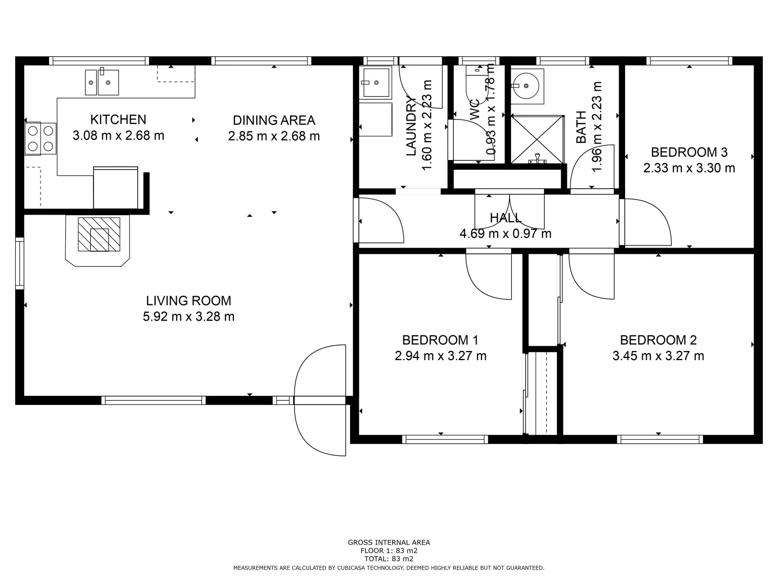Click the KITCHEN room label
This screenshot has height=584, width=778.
(x=118, y=120)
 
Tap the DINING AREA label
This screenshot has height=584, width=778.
(x=274, y=120)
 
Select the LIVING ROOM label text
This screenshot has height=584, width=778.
(x=189, y=301)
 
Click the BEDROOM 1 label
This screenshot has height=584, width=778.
(x=440, y=340)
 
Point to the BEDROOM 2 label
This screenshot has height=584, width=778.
(x=658, y=340)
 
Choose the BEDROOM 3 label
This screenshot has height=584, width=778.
(x=689, y=152)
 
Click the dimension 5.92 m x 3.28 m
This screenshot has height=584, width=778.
(x=189, y=316)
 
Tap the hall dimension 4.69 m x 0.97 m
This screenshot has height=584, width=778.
(x=505, y=234)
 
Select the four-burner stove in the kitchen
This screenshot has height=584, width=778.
(x=41, y=138)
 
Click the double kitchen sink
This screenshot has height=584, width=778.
(x=102, y=83)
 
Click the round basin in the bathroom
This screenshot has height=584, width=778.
(x=525, y=85)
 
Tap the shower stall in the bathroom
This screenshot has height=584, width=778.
(x=537, y=138)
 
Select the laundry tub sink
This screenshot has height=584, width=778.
(x=376, y=83)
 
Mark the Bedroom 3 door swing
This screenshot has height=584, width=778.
(x=647, y=222)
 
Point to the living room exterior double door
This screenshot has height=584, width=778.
(x=320, y=400)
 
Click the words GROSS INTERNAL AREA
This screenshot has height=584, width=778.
(x=388, y=542)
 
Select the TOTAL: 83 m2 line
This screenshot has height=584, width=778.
(x=388, y=559)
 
